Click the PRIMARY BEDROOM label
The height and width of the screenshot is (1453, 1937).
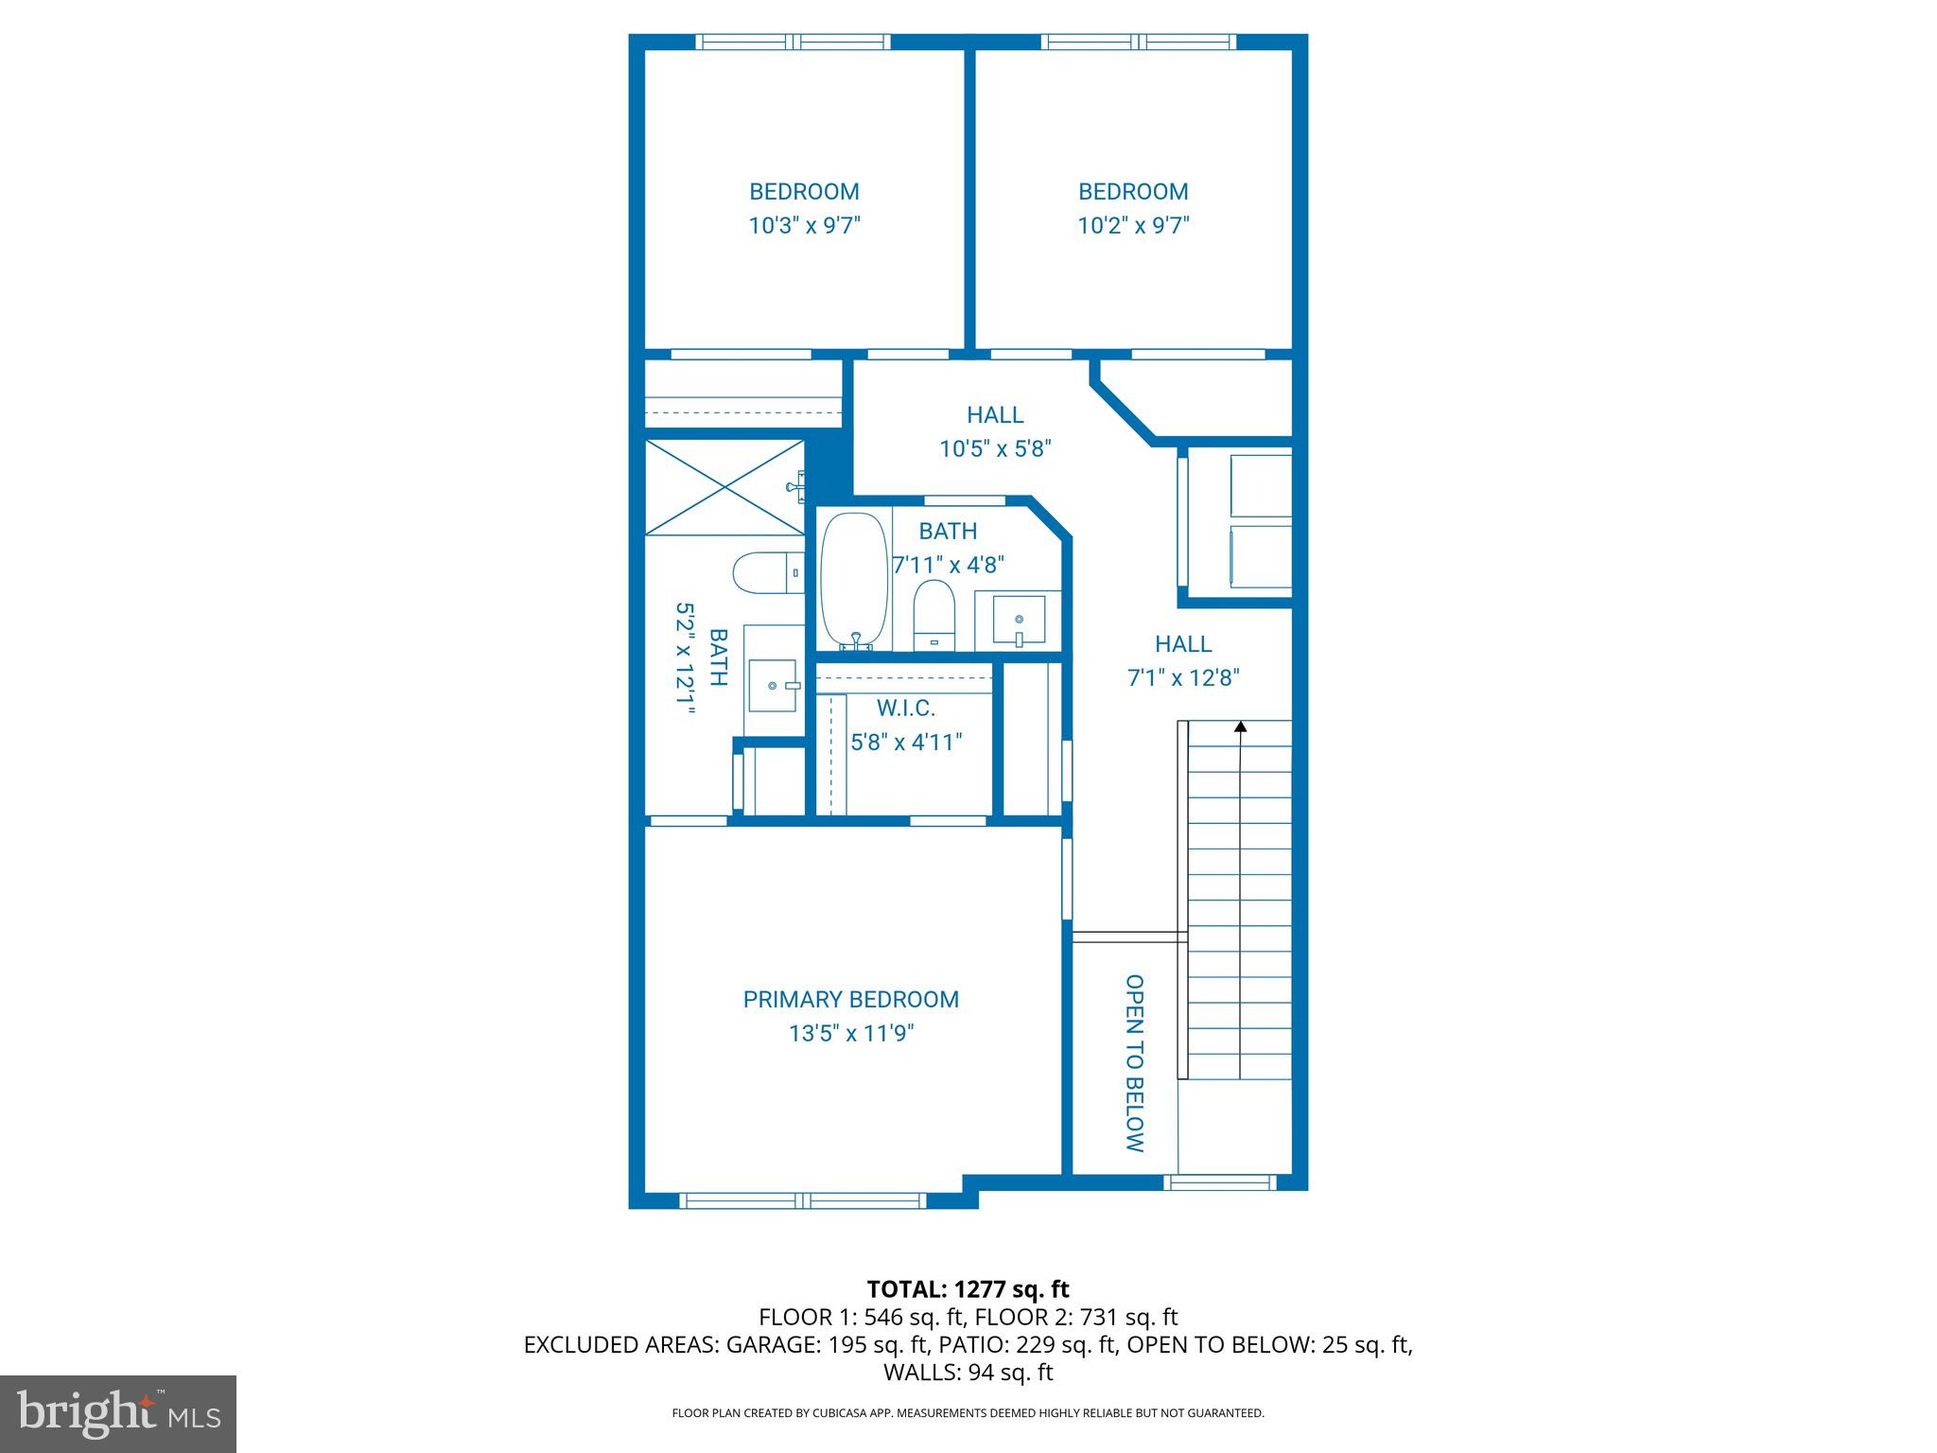[x=850, y=999]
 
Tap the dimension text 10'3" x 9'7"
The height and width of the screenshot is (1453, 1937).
[x=804, y=226]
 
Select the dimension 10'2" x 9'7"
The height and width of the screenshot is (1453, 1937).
[x=1133, y=226]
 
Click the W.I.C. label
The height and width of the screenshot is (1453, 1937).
[x=905, y=708]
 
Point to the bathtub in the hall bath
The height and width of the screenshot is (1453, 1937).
[x=853, y=580]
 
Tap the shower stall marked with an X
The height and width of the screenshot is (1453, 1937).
[x=724, y=487]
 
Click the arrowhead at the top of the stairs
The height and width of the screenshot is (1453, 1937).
[x=1240, y=726]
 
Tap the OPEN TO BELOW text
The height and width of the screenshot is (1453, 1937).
[x=1135, y=1063]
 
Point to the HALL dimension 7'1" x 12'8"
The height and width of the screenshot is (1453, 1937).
[x=1183, y=678]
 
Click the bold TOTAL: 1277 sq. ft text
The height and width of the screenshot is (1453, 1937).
[x=968, y=1289]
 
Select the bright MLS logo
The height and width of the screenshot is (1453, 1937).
[x=118, y=1414]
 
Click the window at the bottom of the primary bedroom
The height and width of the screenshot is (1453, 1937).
[x=803, y=1200]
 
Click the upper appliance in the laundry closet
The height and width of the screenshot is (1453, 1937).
[x=1261, y=485]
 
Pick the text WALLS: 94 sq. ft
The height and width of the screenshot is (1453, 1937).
[x=968, y=1372]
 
